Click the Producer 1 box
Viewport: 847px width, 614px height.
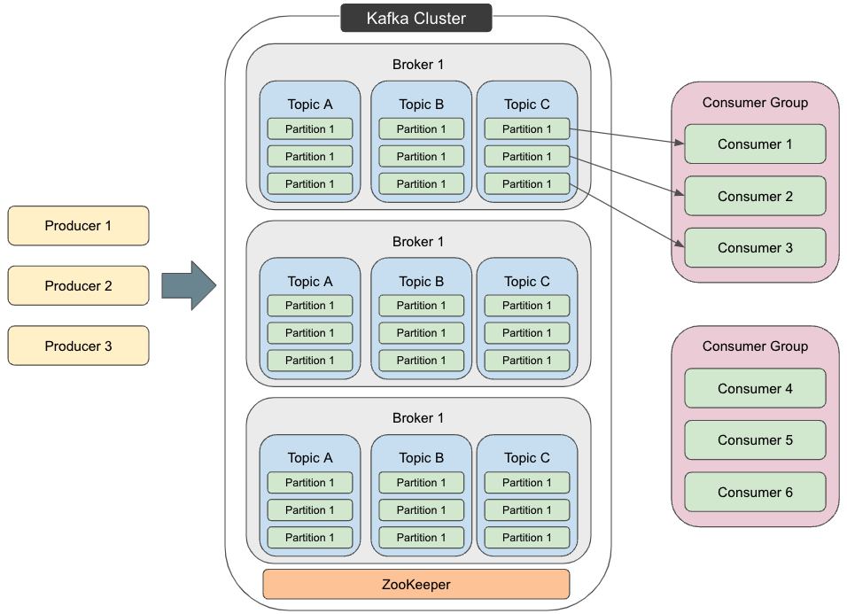coord(78,226)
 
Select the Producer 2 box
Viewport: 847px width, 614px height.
coord(78,286)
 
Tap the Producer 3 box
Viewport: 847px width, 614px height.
coord(78,346)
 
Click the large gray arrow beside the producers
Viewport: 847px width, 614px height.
coord(189,286)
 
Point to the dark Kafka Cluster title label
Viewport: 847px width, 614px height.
coord(416,18)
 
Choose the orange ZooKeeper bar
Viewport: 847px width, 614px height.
coord(416,585)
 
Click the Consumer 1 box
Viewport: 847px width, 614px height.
coord(755,144)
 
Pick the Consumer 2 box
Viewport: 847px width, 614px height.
coord(755,196)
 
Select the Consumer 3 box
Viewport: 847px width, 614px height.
coord(755,248)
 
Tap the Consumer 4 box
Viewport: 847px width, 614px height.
coord(755,388)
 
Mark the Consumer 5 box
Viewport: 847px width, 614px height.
coord(755,440)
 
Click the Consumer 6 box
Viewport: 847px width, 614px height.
coord(755,492)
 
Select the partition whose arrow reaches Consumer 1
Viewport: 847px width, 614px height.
coord(526,129)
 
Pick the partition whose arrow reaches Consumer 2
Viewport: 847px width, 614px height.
coord(526,157)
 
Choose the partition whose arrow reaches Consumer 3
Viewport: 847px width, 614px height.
coord(526,184)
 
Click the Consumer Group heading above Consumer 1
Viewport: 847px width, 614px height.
coord(755,103)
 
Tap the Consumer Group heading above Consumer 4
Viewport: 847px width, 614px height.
coord(755,346)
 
